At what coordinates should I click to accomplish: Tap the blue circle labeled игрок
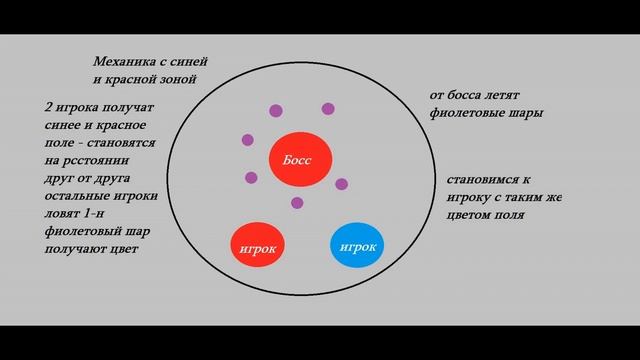tap(357, 246)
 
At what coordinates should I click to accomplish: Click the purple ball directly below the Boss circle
tap(297, 203)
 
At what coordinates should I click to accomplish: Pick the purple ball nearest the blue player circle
tap(341, 184)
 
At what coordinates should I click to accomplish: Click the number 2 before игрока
tap(48, 107)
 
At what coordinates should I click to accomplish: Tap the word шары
tap(527, 113)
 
